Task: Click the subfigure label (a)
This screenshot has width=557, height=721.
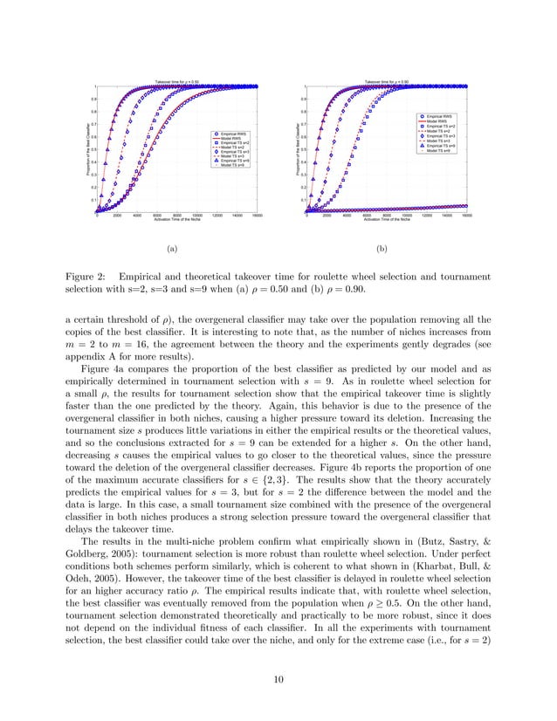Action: (171, 248)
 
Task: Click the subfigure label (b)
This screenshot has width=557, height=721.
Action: (382, 248)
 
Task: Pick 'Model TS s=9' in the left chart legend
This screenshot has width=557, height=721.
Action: (235, 165)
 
